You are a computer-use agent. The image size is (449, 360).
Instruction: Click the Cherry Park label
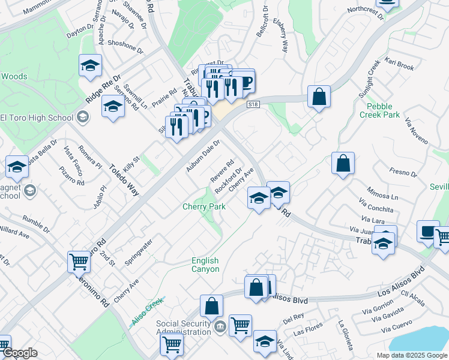tap(204, 207)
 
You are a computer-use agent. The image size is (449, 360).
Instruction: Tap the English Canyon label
tap(205, 265)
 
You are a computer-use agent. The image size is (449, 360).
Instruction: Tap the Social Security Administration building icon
tap(220, 326)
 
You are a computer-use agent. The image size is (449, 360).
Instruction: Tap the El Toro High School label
tap(37, 117)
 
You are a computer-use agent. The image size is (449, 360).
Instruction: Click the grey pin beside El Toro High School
tap(83, 117)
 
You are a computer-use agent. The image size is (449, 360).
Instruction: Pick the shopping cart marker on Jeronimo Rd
tap(79, 262)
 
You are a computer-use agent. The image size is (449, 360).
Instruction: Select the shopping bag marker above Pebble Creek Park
tap(319, 96)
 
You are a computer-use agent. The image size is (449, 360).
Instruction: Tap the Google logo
tap(19, 353)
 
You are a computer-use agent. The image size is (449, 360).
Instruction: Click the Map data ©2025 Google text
tap(411, 355)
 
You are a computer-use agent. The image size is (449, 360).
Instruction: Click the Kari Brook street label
tap(400, 65)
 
